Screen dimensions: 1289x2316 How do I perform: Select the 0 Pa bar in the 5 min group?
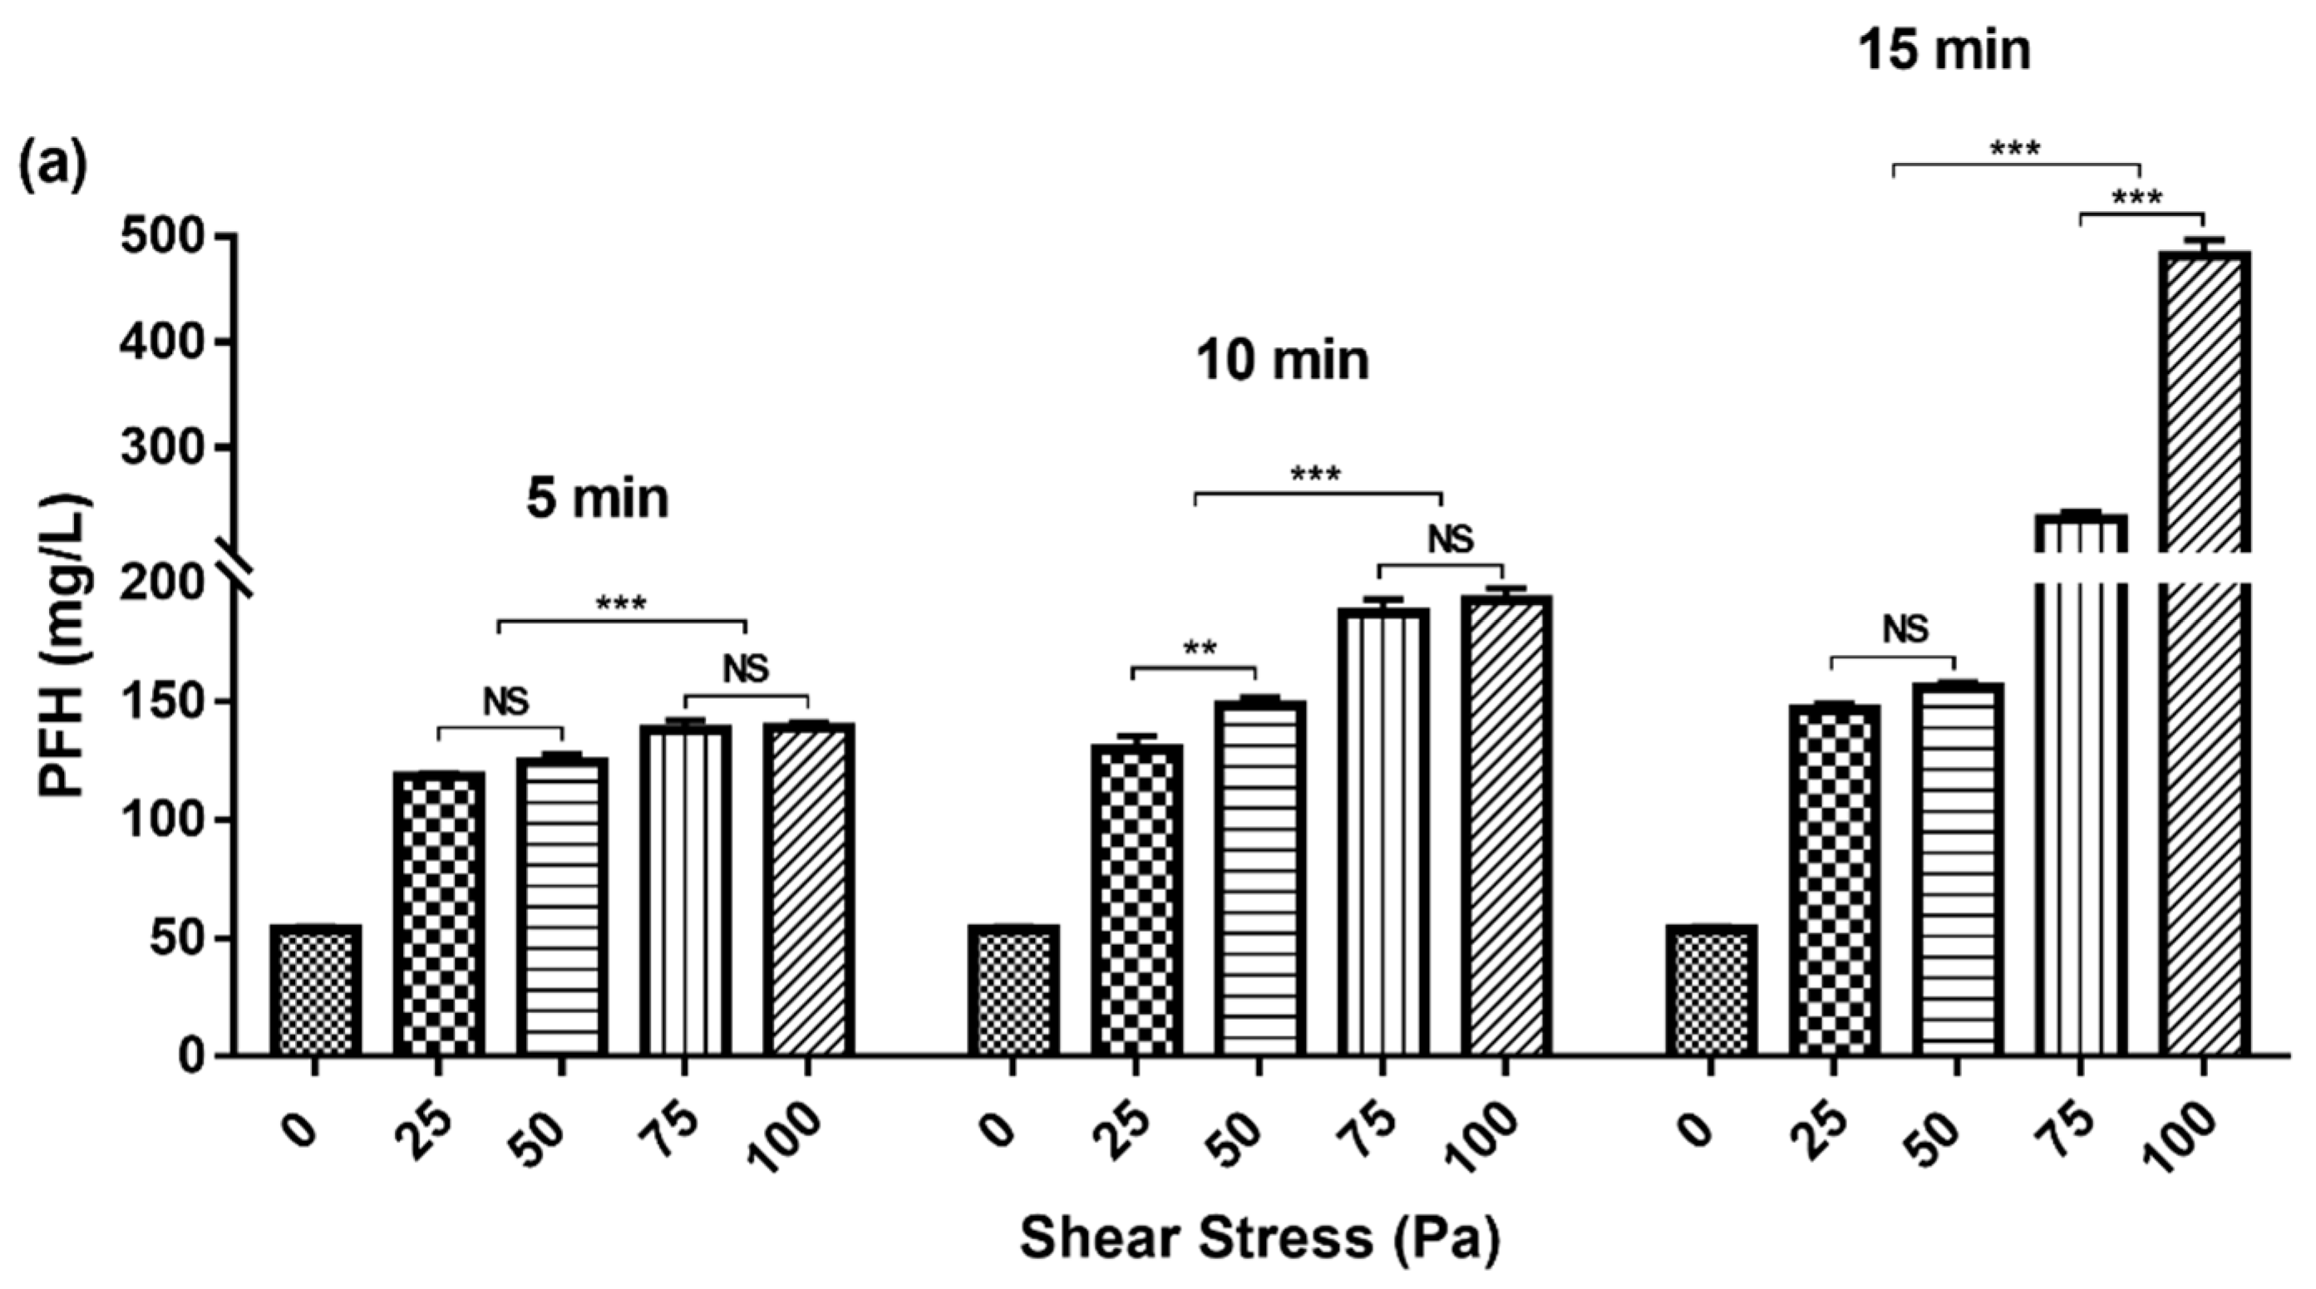pos(315,989)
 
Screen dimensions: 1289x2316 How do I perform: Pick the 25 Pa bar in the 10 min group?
pos(1136,899)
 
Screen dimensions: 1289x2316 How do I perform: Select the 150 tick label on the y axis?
pos(164,701)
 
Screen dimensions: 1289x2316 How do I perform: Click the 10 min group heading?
pos(1282,362)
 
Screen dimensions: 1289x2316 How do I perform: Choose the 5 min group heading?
pos(598,499)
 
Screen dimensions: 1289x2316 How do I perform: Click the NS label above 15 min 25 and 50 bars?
pos(1905,629)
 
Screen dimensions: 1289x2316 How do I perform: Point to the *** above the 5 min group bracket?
pos(620,604)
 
